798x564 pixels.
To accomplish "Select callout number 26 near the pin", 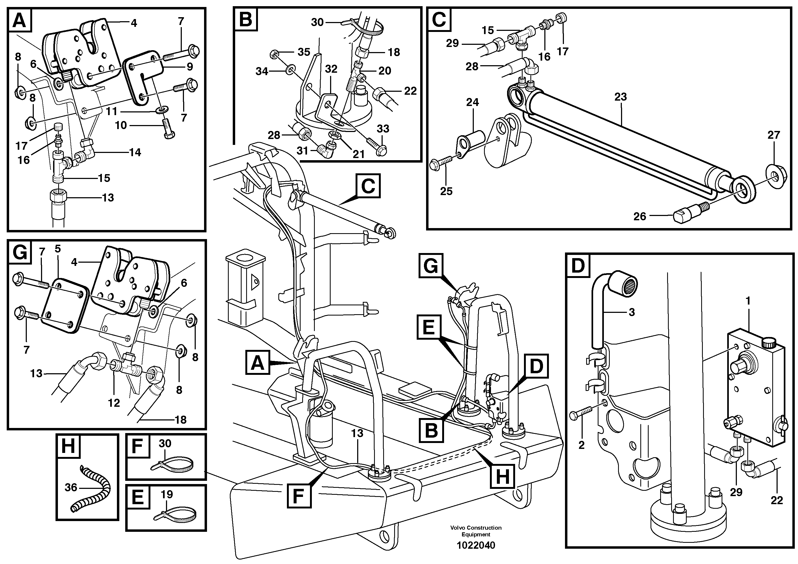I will (640, 217).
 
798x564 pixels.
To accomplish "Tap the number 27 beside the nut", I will (774, 135).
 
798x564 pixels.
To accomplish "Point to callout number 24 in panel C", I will (472, 102).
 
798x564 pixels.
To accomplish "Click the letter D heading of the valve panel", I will (578, 266).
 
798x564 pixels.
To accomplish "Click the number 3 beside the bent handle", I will (631, 312).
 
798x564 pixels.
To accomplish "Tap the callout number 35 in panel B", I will (304, 52).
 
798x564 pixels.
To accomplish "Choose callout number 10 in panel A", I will (121, 125).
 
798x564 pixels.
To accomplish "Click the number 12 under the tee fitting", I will (114, 403).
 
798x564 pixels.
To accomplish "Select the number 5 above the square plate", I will (58, 249).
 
